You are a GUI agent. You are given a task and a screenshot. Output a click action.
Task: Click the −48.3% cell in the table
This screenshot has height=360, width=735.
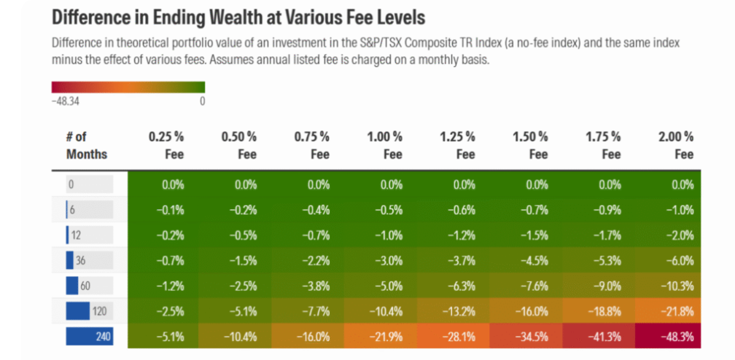pos(679,337)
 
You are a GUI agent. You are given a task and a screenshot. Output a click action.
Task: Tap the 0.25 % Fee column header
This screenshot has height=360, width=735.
pos(166,145)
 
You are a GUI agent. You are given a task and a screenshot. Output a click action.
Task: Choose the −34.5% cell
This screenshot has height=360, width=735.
pos(534,337)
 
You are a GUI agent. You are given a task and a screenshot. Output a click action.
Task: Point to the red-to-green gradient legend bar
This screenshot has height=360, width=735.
pos(128,87)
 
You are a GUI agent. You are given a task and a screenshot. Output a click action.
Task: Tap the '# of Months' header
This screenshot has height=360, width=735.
pos(86,145)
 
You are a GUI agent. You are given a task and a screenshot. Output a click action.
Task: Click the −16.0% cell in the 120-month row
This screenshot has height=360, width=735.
pos(534,311)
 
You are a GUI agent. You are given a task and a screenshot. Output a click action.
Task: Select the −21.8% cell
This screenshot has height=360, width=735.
pos(679,311)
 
